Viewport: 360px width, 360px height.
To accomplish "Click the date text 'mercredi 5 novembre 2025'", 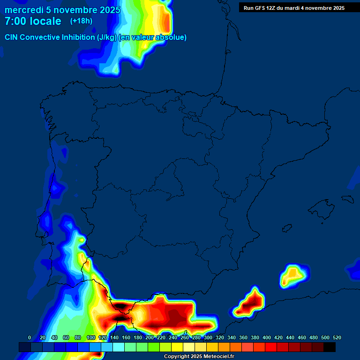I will pos(62,10).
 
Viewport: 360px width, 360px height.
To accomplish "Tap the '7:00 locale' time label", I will pos(33,21).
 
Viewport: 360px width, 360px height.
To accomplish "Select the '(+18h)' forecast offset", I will pos(82,21).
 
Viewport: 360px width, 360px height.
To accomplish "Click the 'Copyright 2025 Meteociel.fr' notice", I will pos(199,356).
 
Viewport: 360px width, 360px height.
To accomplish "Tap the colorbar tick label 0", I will pos(30,337).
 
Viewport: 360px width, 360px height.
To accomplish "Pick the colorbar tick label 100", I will pos(91,337).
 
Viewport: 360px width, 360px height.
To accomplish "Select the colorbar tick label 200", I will pos(150,337).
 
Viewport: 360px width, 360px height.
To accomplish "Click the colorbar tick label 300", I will pos(208,337).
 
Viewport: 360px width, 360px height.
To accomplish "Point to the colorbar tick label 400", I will pos(267,337).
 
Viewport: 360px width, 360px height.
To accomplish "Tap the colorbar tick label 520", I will pos(337,337).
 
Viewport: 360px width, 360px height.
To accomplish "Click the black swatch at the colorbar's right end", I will pos(330,347).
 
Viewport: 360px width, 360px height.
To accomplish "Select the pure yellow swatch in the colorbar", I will pos(177,347).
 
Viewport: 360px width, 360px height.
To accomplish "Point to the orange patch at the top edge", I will pos(165,19).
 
